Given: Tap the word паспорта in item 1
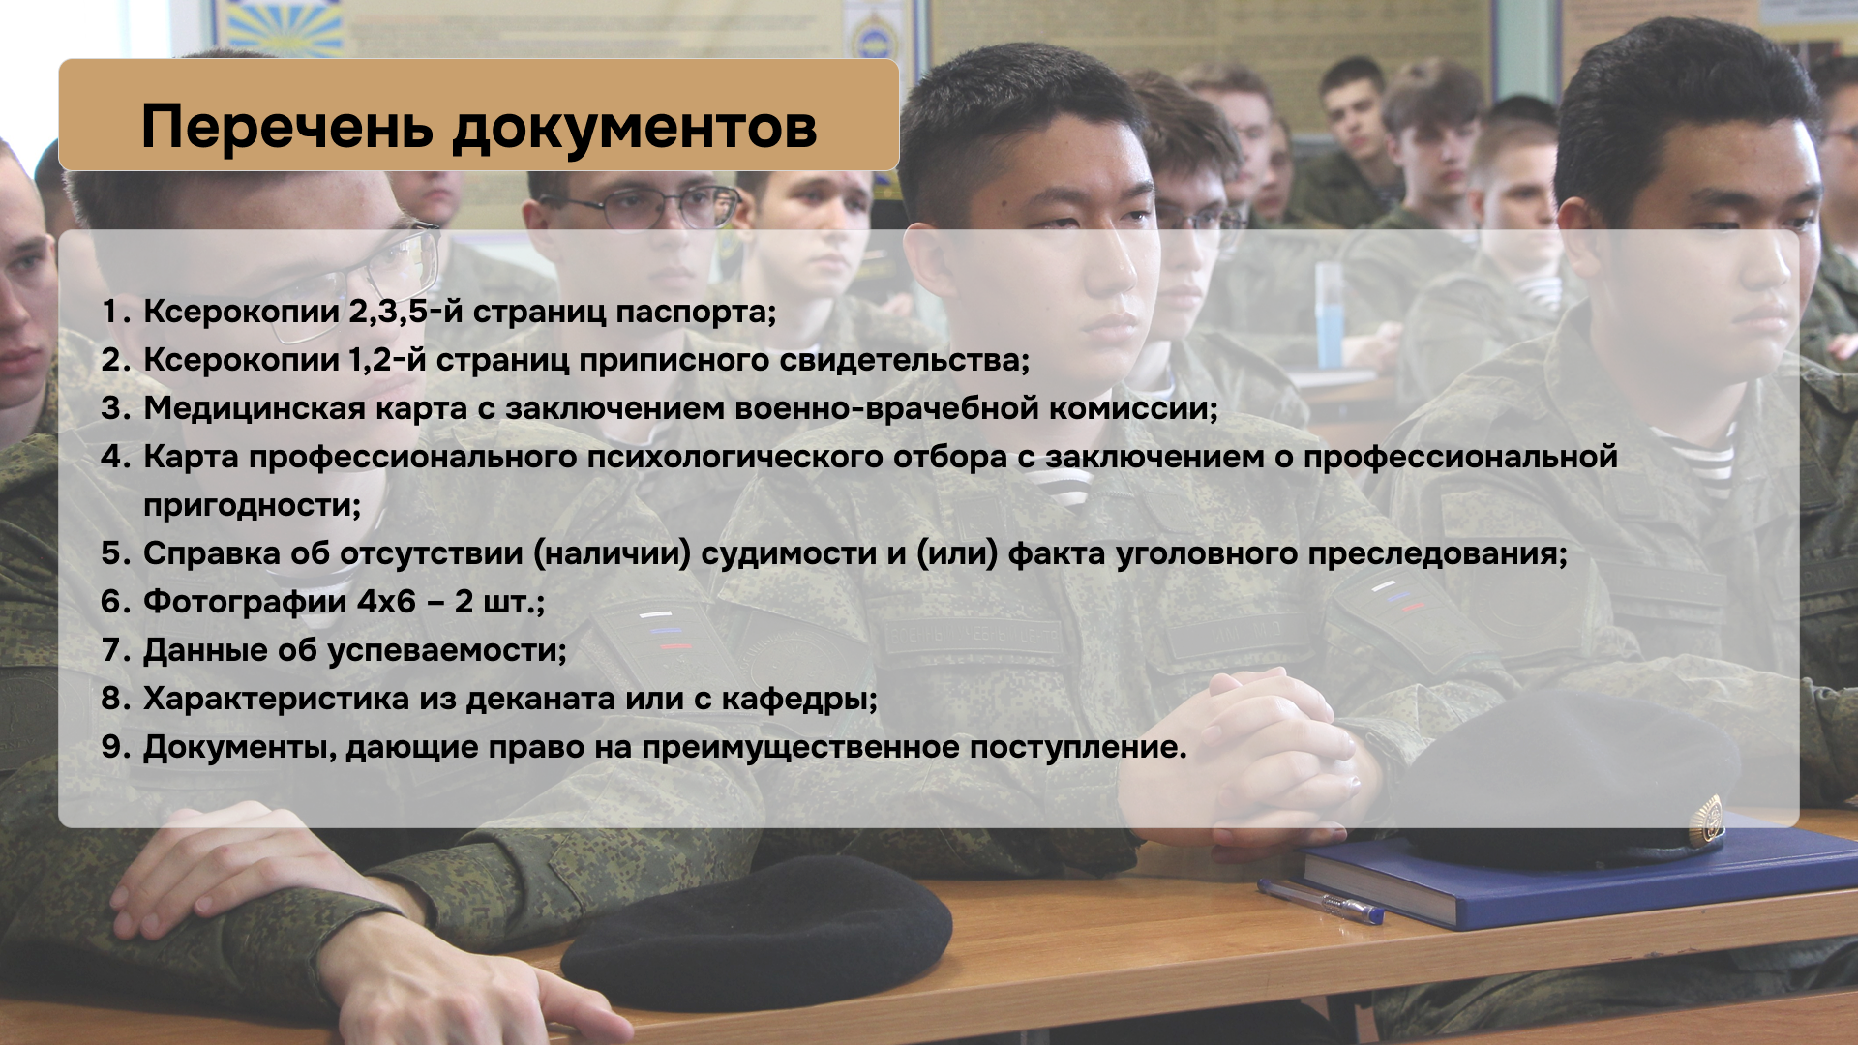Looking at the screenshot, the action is click(696, 312).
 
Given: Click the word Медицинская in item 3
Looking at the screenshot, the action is click(255, 408).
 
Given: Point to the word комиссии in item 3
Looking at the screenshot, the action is click(1133, 409).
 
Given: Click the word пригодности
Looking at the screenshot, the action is click(252, 506).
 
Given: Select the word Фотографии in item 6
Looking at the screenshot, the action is click(245, 602).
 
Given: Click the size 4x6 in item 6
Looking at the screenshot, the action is click(386, 602).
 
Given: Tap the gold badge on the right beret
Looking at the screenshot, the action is click(1706, 822).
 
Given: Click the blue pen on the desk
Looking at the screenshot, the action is click(1321, 901).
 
